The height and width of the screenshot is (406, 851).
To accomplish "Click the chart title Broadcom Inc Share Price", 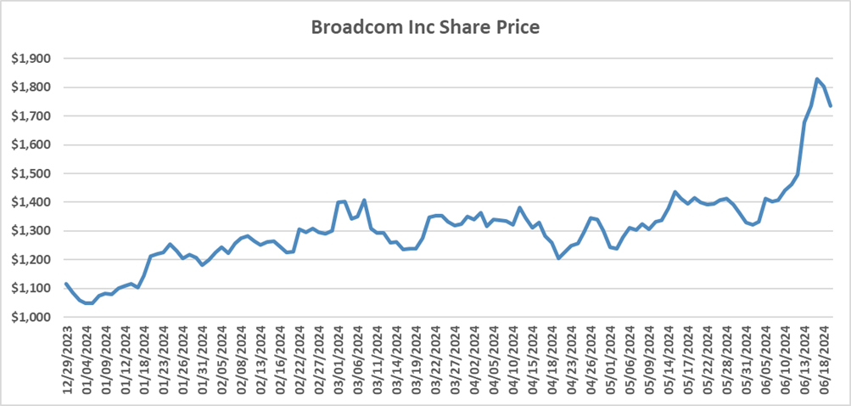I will click(425, 27).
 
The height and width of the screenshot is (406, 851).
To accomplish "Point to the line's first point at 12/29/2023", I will click(66, 284).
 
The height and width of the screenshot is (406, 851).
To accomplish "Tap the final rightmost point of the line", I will click(831, 106).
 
